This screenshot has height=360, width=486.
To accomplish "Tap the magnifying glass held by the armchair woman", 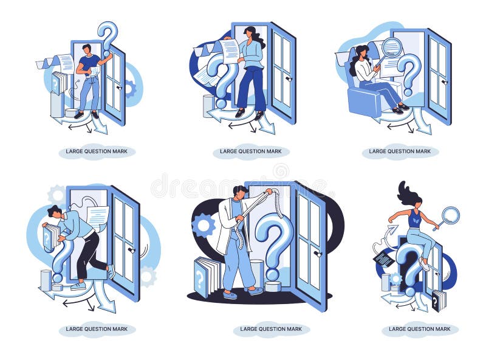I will (392, 47).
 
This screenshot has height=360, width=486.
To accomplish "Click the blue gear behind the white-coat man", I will (204, 224).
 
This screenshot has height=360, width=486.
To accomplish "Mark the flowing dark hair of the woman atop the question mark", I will (406, 193).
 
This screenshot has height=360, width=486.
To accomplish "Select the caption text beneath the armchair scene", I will (400, 151).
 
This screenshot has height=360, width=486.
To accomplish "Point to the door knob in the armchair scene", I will (445, 81).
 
